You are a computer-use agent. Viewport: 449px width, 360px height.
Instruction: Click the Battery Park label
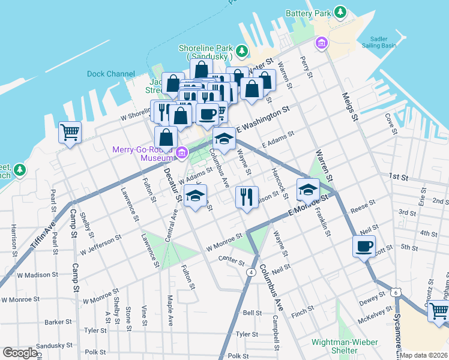pyautogui.click(x=309, y=13)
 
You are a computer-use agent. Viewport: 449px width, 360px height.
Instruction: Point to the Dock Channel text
pyautogui.click(x=110, y=74)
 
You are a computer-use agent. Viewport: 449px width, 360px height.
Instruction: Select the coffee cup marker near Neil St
pyautogui.click(x=364, y=246)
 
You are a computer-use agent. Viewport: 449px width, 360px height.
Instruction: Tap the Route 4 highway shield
pyautogui.click(x=249, y=272)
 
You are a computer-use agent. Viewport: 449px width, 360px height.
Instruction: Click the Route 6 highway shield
pyautogui.click(x=396, y=292)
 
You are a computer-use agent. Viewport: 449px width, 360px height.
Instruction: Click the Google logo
pyautogui.click(x=20, y=353)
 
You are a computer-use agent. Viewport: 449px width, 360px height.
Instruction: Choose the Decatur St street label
pyautogui.click(x=171, y=184)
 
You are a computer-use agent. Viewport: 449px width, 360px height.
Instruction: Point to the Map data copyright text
pyautogui.click(x=423, y=355)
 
